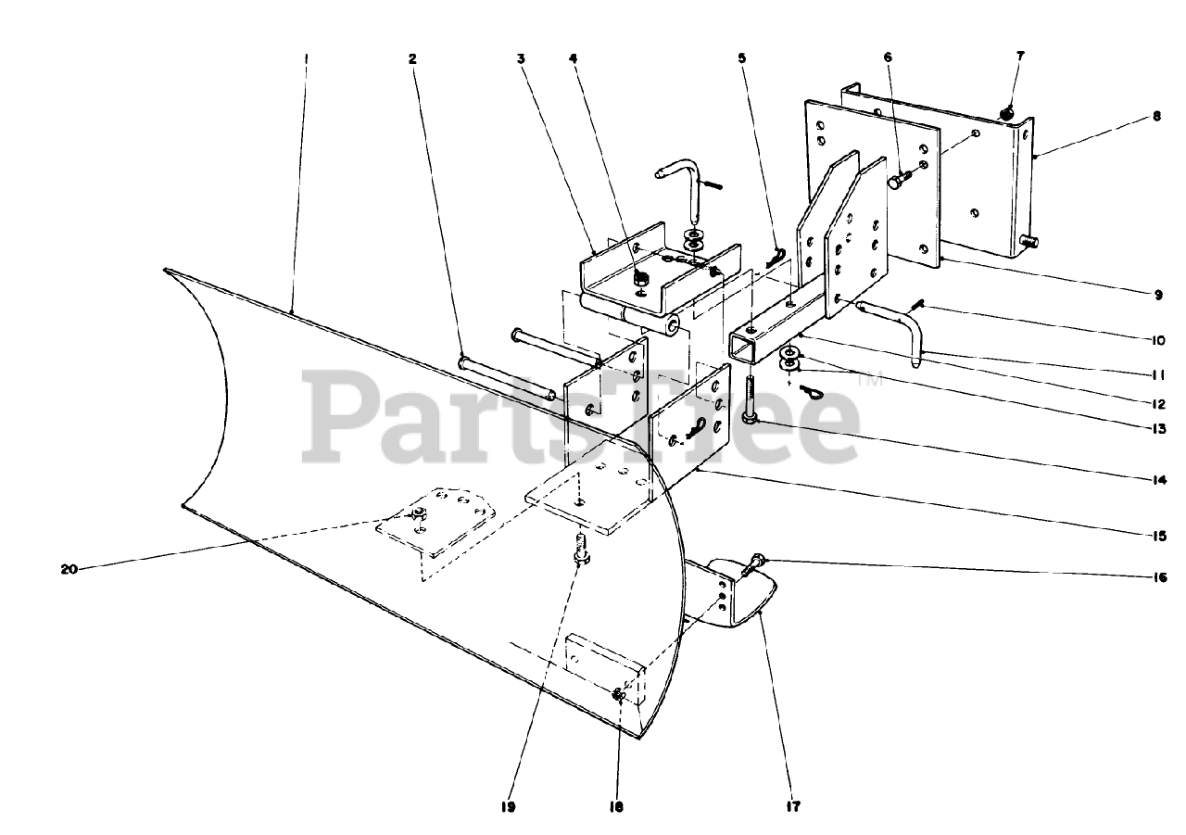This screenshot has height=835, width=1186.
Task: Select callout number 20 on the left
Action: tap(69, 569)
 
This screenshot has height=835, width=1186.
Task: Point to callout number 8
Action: tap(1157, 117)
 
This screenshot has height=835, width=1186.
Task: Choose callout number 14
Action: tap(1157, 480)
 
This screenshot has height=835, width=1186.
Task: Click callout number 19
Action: tap(508, 806)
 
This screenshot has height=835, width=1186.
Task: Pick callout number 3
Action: tap(522, 57)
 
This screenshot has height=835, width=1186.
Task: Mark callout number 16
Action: tap(1157, 575)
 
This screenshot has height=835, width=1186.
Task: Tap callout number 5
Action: tap(741, 57)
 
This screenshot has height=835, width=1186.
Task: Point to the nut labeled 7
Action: tap(1008, 112)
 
